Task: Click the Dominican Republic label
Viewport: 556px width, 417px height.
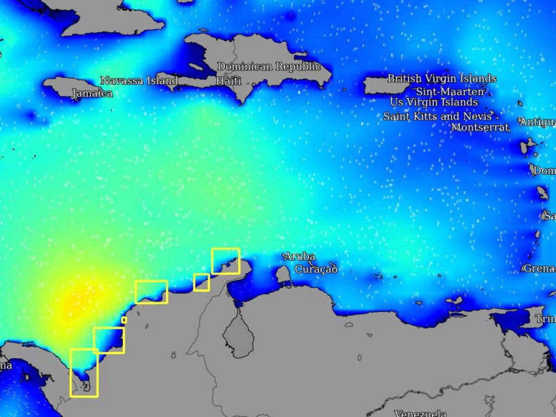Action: pyautogui.click(x=269, y=67)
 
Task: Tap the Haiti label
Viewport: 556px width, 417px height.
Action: pyautogui.click(x=228, y=81)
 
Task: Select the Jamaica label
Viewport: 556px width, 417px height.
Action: pyautogui.click(x=92, y=94)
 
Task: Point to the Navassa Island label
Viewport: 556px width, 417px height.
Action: pyautogui.click(x=139, y=81)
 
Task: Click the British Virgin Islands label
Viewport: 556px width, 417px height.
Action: pyautogui.click(x=442, y=78)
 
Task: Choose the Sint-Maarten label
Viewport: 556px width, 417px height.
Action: pyautogui.click(x=450, y=91)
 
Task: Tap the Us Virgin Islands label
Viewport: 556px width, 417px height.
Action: pyautogui.click(x=434, y=102)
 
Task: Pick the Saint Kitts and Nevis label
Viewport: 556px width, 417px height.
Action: pyautogui.click(x=437, y=116)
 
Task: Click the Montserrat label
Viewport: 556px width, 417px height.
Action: pyautogui.click(x=480, y=127)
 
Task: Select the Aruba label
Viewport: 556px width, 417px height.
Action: pyautogui.click(x=300, y=256)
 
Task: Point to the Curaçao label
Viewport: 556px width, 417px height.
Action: pyautogui.click(x=316, y=269)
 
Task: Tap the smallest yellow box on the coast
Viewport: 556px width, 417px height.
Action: pyautogui.click(x=124, y=320)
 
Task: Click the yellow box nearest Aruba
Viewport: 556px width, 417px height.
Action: pyautogui.click(x=226, y=261)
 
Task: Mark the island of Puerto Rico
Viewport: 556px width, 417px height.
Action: pyautogui.click(x=385, y=86)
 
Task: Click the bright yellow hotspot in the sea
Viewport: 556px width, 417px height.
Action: pyautogui.click(x=69, y=303)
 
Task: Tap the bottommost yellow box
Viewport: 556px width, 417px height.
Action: pyautogui.click(x=84, y=373)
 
